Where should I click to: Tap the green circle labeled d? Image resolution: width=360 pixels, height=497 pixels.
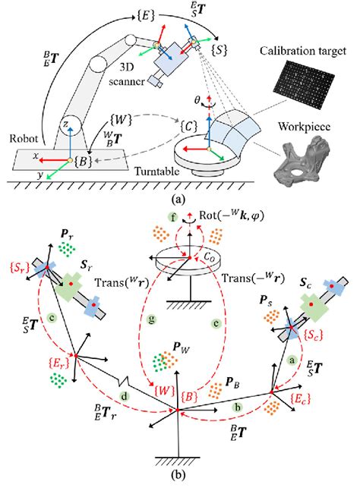tap(124, 395)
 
